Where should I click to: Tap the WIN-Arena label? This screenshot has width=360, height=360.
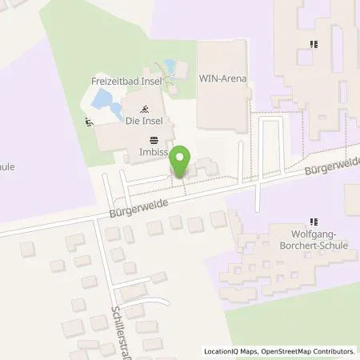coord(222,78)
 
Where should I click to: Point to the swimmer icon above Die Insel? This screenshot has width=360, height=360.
coord(145,109)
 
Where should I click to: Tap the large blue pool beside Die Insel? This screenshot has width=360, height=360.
coord(106,101)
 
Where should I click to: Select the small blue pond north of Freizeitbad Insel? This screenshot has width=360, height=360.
coord(169,66)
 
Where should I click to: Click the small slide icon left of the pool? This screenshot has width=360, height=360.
coord(88,122)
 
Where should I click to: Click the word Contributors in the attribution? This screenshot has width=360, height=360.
coord(330,351)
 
